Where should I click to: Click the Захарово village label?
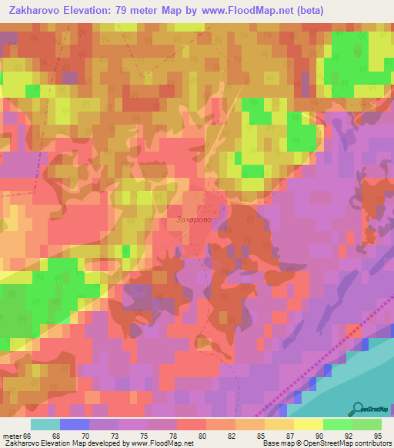pyautogui.click(x=192, y=219)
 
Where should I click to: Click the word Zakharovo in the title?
pyautogui.click(x=34, y=11)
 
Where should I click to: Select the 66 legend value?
pyautogui.click(x=28, y=435)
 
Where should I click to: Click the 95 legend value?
pyautogui.click(x=376, y=435)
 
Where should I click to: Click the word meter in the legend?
pyautogui.click(x=12, y=435)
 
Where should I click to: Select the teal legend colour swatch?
pyautogui.click(x=45, y=424)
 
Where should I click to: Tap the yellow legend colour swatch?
pyautogui.click(x=309, y=424)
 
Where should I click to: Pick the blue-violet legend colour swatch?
pyautogui.click(x=74, y=424)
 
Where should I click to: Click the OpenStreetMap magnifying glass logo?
pyautogui.click(x=358, y=409)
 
